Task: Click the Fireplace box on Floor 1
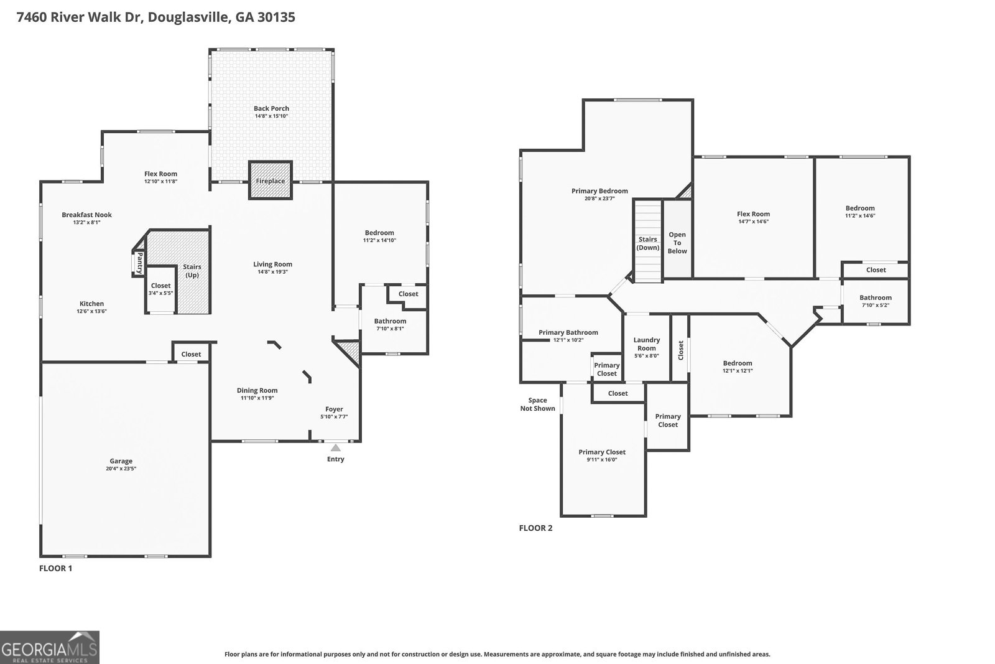point(271,180)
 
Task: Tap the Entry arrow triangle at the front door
point(336,447)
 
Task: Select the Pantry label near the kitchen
point(140,263)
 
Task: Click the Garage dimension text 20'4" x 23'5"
point(121,469)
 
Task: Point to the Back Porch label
point(271,108)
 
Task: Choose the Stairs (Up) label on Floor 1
point(192,271)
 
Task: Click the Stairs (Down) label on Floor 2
point(647,243)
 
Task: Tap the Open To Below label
point(677,243)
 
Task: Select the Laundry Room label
point(647,344)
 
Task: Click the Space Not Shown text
point(537,404)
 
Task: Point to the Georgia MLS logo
point(50,647)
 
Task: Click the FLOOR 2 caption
point(535,528)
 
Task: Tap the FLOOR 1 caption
point(56,568)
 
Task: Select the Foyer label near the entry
point(334,409)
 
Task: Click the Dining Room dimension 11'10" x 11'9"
point(257,398)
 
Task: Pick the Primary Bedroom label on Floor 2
point(599,191)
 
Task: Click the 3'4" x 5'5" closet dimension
point(160,293)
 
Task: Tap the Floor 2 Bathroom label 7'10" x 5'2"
point(876,305)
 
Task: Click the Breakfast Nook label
point(86,215)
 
